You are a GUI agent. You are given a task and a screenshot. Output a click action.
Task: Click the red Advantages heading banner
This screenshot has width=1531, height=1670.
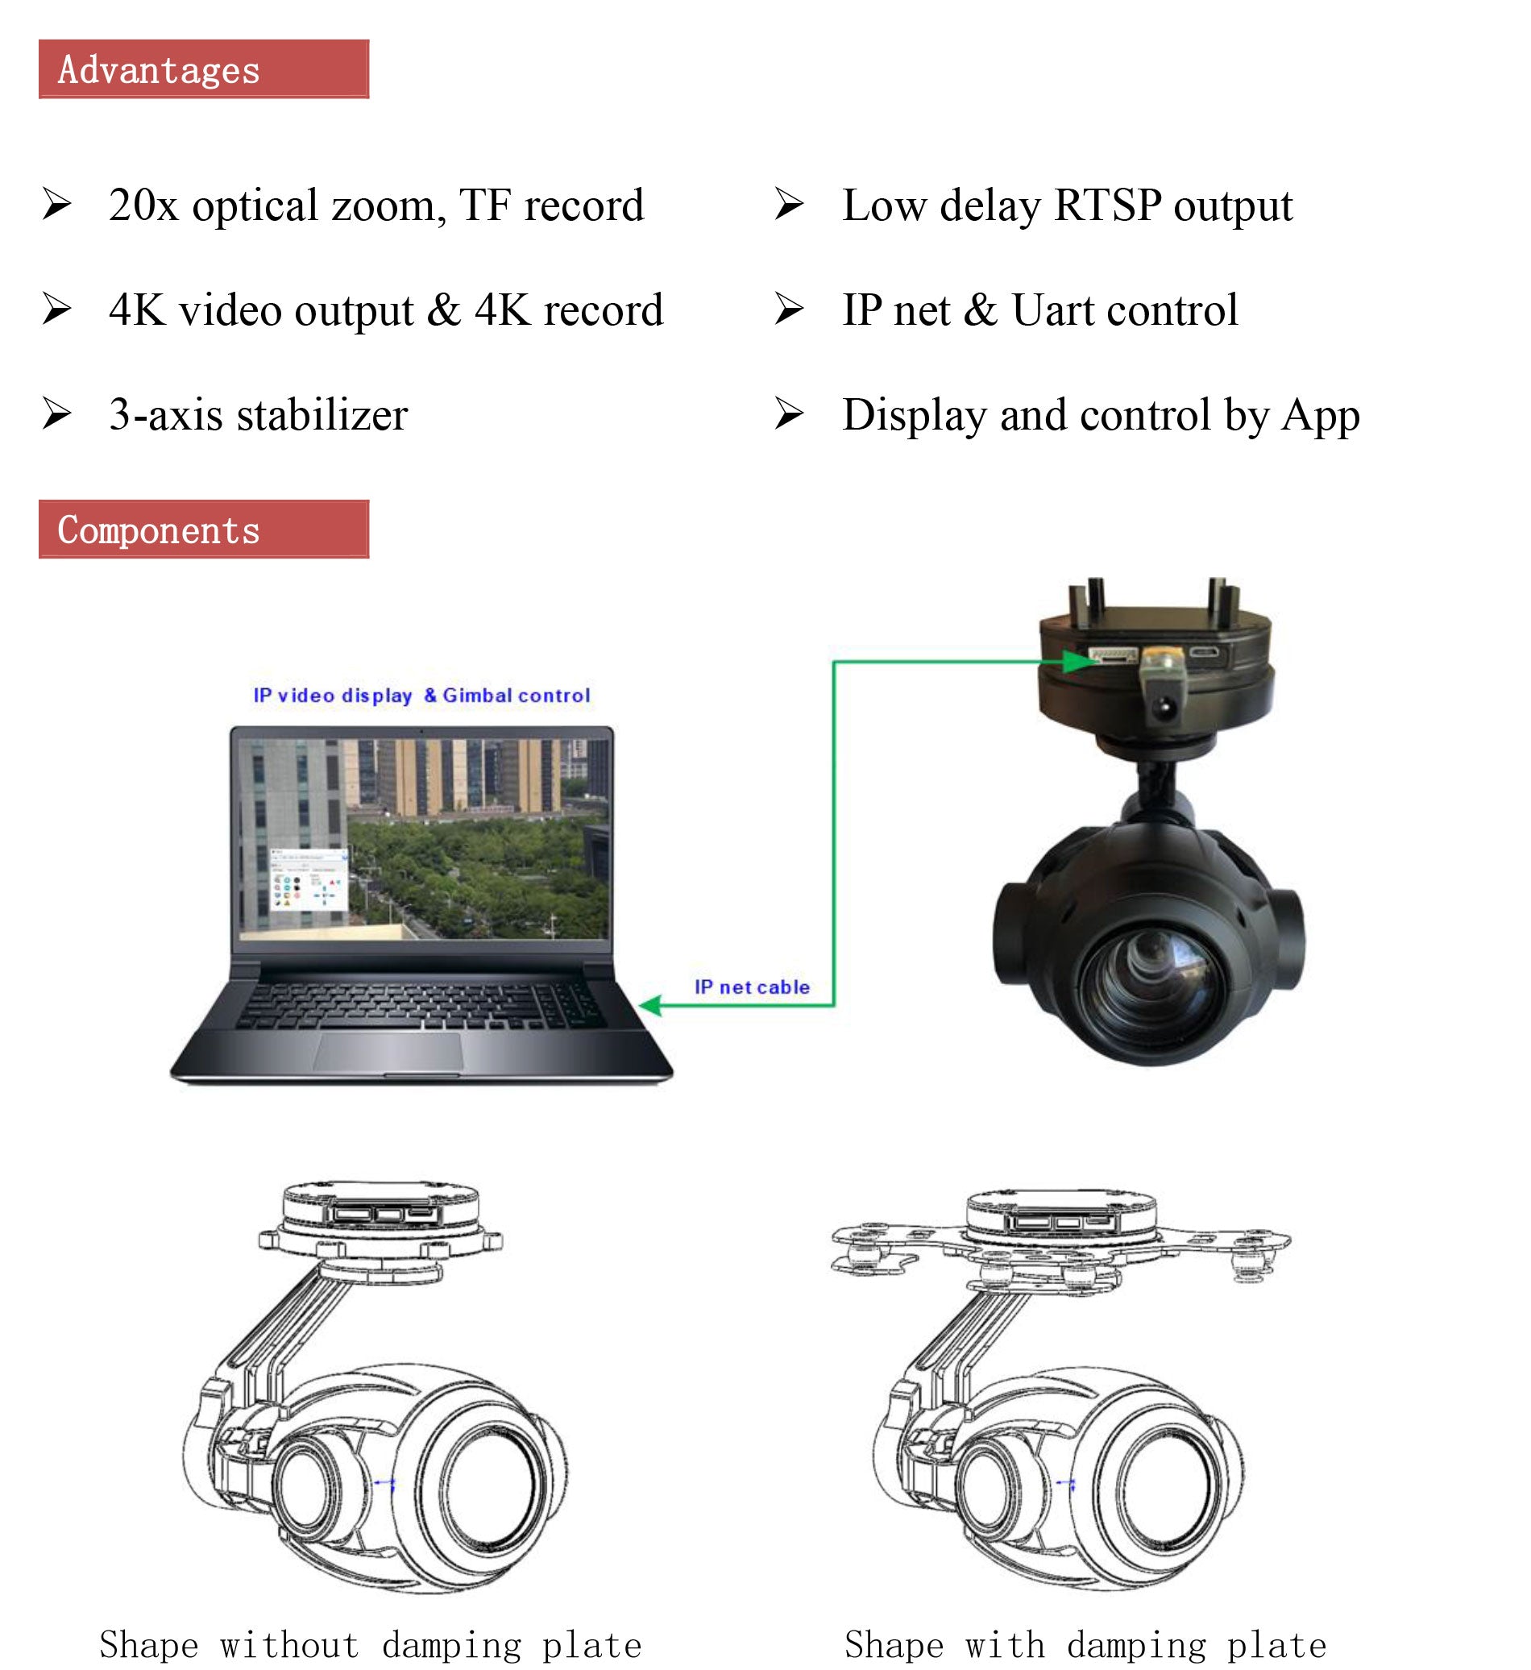click(204, 69)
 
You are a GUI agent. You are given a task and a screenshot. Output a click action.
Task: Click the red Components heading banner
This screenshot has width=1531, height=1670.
click(204, 530)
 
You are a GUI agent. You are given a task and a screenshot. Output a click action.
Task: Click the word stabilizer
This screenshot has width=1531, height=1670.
click(322, 414)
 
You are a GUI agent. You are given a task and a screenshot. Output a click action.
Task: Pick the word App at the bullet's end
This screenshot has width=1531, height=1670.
click(1321, 416)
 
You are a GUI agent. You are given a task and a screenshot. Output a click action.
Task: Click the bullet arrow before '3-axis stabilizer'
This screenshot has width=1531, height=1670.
click(57, 413)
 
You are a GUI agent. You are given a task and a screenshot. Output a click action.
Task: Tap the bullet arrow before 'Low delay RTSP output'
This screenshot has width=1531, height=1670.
click(790, 204)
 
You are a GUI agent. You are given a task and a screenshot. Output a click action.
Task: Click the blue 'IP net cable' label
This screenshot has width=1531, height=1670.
click(753, 987)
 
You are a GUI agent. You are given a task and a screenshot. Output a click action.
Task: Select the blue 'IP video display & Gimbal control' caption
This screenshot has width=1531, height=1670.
click(421, 696)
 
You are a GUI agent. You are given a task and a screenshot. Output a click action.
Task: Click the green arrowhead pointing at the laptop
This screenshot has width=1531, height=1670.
click(650, 1005)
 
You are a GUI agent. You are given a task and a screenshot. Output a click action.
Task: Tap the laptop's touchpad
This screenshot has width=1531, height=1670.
click(388, 1052)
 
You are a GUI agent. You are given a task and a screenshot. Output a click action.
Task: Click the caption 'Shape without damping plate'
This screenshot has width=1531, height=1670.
click(371, 1644)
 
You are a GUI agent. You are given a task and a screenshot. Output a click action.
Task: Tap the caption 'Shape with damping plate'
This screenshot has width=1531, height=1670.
click(1085, 1644)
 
